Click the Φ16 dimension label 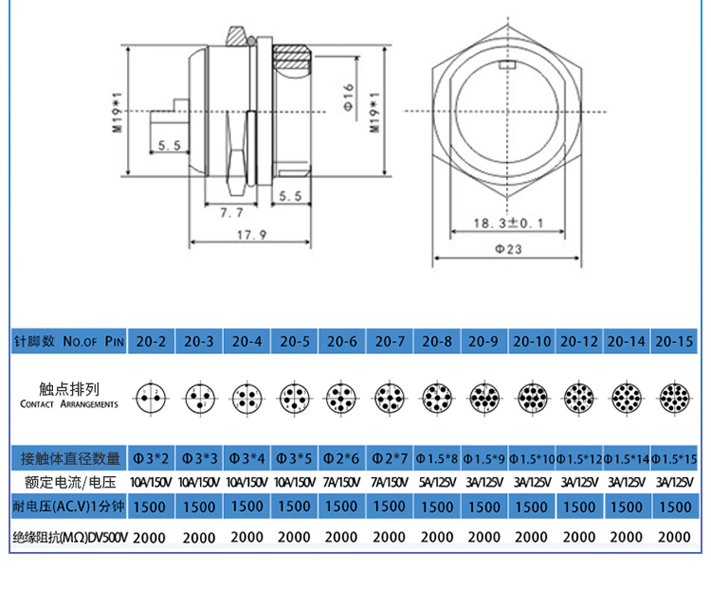click(x=348, y=97)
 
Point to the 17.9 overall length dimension click(x=251, y=235)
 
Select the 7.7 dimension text click(x=232, y=212)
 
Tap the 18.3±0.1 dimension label click(x=508, y=223)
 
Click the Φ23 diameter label click(x=508, y=249)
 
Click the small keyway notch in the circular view click(x=507, y=65)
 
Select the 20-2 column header click(x=151, y=341)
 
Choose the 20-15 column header click(x=674, y=341)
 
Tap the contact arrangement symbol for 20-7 click(x=389, y=398)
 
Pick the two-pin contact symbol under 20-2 click(x=151, y=398)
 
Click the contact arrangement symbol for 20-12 click(x=579, y=398)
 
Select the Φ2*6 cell click(x=341, y=459)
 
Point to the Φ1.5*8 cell click(x=437, y=459)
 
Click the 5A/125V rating click(x=437, y=482)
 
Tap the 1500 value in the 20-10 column click(x=531, y=507)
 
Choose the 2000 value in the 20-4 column click(x=247, y=537)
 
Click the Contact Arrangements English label click(x=69, y=404)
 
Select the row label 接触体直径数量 click(x=70, y=459)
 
